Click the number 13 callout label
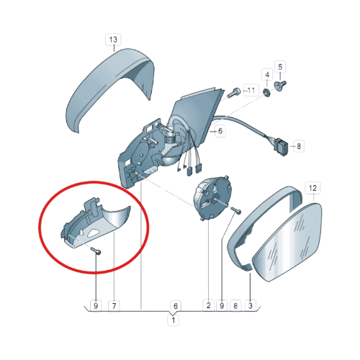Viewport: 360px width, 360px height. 113,40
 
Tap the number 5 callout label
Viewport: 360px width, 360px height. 280,67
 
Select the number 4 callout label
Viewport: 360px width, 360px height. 267,75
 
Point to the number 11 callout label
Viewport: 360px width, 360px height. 251,90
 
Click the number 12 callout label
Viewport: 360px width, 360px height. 312,188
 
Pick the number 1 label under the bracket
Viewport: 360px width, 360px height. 173,320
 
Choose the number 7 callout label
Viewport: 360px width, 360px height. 114,306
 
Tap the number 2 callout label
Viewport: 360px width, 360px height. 208,305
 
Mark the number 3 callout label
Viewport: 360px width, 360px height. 251,306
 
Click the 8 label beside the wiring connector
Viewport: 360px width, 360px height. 299,146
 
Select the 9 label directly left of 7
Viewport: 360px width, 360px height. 96,306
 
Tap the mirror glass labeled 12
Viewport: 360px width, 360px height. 288,243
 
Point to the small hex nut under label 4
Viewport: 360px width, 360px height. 266,91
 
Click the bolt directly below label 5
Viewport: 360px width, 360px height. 280,85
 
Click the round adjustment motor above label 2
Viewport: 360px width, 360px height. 212,198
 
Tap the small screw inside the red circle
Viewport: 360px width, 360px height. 96,251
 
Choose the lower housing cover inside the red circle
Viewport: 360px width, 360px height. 96,225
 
